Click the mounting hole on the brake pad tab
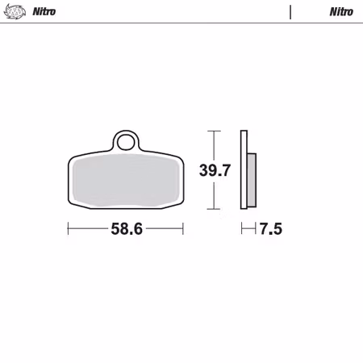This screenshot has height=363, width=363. pyautogui.click(x=124, y=143)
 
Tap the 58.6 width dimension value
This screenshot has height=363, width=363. pyautogui.click(x=126, y=229)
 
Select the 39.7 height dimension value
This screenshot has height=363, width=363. pyautogui.click(x=215, y=170)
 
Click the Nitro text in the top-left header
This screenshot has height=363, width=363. pyautogui.click(x=44, y=12)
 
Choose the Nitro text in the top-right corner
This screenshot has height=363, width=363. pyautogui.click(x=340, y=12)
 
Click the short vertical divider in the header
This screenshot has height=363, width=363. pyautogui.click(x=290, y=12)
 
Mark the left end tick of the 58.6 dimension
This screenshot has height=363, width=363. pyautogui.click(x=68, y=229)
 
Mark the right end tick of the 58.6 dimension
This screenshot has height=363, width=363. pyautogui.click(x=183, y=229)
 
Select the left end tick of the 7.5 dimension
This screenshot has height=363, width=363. pyautogui.click(x=242, y=229)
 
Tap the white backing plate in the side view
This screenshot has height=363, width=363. pyautogui.click(x=243, y=169)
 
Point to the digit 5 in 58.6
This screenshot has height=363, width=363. pyautogui.click(x=115, y=229)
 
